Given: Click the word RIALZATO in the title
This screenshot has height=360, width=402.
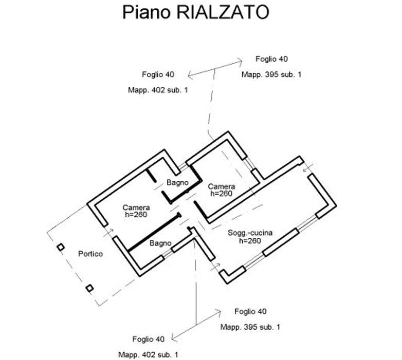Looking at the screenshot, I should (223, 12).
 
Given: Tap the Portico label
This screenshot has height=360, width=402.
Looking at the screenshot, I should (90, 254).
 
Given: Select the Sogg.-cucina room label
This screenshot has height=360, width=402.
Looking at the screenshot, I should (250, 233).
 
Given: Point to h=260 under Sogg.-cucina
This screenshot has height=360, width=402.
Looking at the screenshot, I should (250, 240).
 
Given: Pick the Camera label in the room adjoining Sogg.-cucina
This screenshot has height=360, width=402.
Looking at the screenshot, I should (222, 186).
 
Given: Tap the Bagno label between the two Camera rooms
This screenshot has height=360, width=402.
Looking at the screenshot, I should (177, 182).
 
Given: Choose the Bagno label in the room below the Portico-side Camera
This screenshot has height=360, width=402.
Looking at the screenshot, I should (160, 243).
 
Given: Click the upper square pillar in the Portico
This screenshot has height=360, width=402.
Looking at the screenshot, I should (61, 248).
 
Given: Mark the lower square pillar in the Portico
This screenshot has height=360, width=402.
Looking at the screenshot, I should (90, 288).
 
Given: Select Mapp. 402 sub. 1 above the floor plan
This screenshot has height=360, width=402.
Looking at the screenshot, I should (158, 90).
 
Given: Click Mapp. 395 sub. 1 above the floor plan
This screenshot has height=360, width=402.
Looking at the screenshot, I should (271, 74).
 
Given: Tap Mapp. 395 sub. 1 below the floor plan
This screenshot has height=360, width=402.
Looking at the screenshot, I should (250, 327).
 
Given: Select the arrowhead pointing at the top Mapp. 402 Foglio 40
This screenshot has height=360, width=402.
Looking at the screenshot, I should (190, 76).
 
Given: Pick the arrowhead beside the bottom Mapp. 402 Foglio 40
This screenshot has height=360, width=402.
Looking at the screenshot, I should (174, 337).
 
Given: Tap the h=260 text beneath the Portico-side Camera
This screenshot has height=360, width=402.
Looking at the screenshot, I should (136, 215).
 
